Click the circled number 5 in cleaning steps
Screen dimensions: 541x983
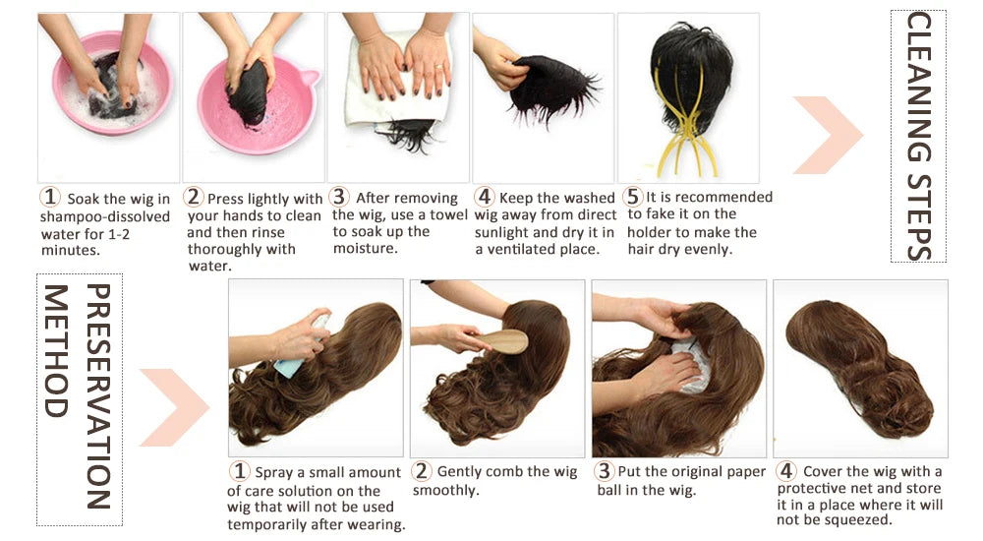click(634, 198)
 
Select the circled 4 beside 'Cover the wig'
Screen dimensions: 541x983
click(786, 471)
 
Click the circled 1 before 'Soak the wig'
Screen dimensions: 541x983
click(50, 199)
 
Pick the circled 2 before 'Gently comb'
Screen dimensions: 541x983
click(422, 472)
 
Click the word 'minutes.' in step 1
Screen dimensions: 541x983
click(70, 250)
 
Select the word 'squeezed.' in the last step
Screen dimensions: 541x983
click(859, 520)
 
